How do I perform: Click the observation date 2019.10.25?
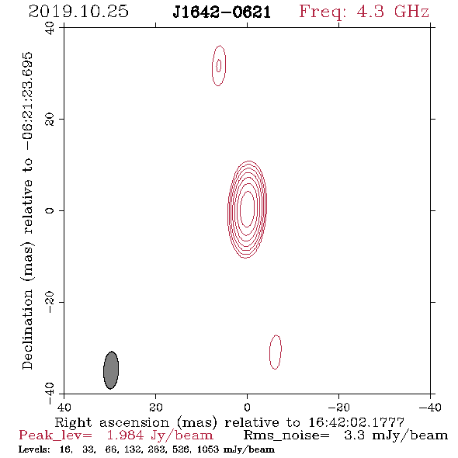coord(78,12)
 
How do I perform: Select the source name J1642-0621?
coord(222,12)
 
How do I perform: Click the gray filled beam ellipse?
coord(111,370)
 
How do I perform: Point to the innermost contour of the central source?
coord(241,209)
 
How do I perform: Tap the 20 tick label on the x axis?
coord(155,407)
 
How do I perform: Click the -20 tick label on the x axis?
coord(338,407)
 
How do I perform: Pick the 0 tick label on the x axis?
coord(247,407)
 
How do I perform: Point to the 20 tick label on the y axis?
coord(50,120)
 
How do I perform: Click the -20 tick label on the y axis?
coord(50,302)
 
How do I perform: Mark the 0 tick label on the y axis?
coord(50,210)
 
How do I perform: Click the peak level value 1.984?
coord(125,435)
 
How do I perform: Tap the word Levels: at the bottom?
coord(34,449)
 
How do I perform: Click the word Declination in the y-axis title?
coord(27,329)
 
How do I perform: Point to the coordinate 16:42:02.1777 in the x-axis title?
coord(356,422)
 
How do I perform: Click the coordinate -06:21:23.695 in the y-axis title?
coord(28,102)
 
